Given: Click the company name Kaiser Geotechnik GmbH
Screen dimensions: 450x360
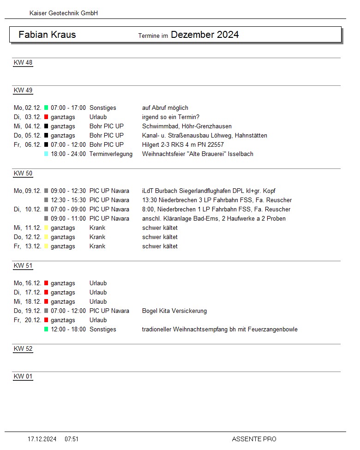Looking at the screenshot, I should [63, 13].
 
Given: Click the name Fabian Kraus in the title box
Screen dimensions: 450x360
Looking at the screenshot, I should [47, 35].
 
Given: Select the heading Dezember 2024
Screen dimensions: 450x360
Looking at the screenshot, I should [204, 35].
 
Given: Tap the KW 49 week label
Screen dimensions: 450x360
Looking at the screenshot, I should [23, 90].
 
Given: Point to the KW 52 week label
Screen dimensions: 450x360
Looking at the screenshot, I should [23, 348].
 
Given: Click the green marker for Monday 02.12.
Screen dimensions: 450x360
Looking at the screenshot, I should [46, 108].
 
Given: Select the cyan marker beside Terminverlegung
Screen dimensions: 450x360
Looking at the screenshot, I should [46, 154].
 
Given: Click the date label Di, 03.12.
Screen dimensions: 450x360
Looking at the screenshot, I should [27, 117].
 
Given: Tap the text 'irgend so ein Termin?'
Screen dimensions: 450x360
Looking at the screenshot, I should [171, 117].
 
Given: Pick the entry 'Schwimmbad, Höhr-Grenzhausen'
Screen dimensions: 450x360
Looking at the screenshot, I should [187, 126].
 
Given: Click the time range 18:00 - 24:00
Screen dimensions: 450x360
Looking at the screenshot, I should [68, 154].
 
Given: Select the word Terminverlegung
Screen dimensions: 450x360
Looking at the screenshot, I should [111, 154].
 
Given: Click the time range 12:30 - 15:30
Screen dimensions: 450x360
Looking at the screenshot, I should [68, 200].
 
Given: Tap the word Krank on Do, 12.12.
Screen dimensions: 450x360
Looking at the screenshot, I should [97, 237].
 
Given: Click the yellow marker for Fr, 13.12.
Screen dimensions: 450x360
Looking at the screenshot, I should [46, 246].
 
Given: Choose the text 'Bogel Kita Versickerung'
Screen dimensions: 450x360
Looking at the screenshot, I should [174, 311].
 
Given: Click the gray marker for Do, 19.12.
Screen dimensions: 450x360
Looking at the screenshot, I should [46, 311].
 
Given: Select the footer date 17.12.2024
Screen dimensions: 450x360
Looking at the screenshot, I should [42, 439].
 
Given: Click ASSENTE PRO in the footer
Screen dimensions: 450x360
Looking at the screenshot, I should [254, 439].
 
